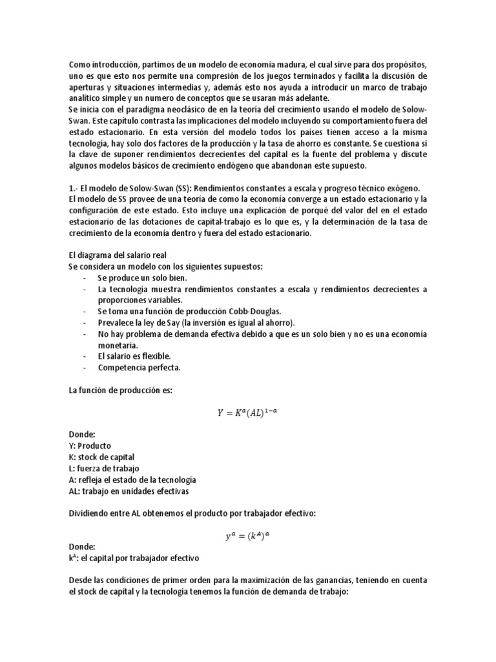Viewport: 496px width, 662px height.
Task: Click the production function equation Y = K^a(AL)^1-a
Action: [248, 412]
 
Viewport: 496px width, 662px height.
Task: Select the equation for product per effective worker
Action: [248, 534]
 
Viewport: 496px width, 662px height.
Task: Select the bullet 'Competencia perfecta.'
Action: [139, 367]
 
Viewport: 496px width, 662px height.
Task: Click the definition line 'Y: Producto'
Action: [90, 446]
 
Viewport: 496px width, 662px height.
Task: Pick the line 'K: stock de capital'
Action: [101, 457]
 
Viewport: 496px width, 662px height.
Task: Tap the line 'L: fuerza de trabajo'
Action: [103, 468]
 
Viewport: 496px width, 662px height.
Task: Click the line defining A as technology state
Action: [132, 480]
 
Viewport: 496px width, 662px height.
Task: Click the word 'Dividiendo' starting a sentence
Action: [89, 513]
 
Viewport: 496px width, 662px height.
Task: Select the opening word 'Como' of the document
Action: [78, 65]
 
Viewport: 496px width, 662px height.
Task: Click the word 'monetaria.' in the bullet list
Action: [118, 345]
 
